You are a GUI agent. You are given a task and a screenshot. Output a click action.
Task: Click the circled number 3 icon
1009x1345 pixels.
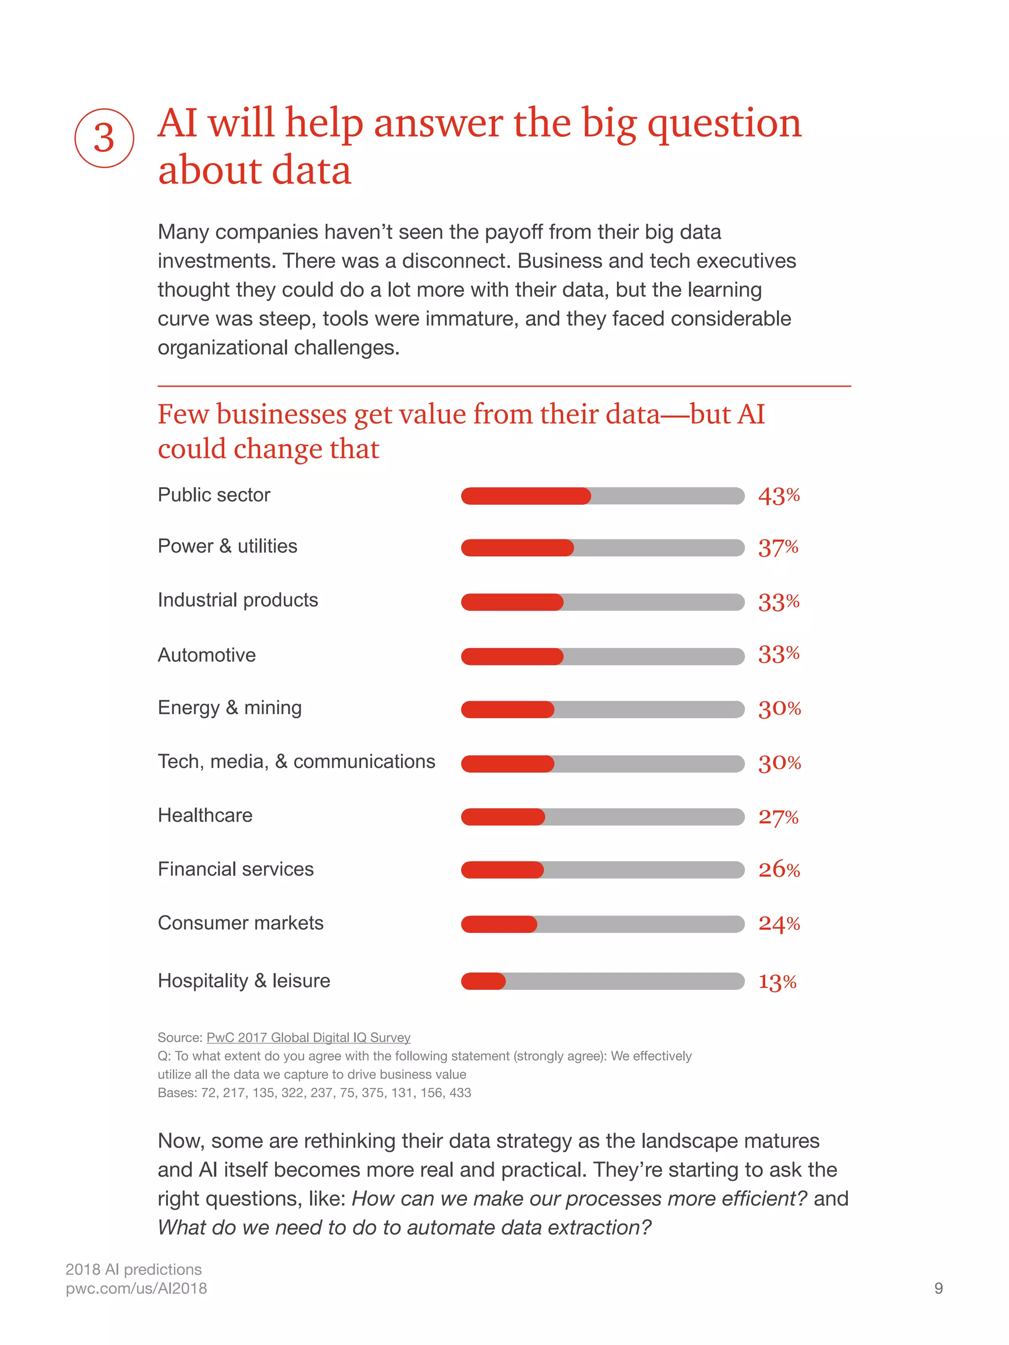click(x=104, y=138)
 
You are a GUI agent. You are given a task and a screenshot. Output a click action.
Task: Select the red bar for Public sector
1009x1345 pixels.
click(x=526, y=496)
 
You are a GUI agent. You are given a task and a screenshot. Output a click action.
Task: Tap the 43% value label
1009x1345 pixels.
click(x=778, y=496)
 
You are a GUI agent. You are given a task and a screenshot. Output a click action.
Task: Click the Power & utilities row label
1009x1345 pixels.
click(x=228, y=546)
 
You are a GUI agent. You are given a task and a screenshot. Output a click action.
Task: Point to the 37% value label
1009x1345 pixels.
click(x=778, y=548)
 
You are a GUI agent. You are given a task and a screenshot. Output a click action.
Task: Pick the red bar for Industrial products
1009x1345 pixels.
click(x=512, y=602)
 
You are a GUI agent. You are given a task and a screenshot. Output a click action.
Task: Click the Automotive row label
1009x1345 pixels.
click(x=207, y=655)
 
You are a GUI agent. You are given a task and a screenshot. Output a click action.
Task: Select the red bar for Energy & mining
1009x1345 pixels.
click(x=507, y=709)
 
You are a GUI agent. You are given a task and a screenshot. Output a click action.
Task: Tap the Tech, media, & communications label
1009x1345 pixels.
click(x=296, y=761)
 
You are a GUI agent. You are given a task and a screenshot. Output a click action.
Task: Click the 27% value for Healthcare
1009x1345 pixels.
click(x=778, y=817)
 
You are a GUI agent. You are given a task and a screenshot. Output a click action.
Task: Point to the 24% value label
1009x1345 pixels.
click(x=778, y=923)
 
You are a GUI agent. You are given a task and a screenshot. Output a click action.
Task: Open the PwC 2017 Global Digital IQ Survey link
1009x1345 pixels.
click(x=308, y=1037)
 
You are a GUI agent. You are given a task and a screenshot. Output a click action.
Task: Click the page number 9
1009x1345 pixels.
click(x=938, y=1288)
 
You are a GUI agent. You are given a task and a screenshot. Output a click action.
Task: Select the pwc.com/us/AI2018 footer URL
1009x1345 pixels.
click(x=136, y=1288)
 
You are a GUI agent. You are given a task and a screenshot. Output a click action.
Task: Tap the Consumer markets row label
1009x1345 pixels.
click(x=240, y=923)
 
